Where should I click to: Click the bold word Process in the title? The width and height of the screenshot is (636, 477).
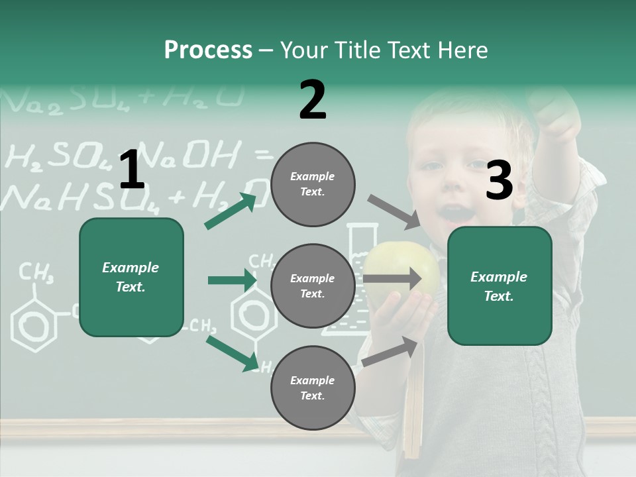208,50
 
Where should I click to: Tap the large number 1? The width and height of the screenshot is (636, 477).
131,170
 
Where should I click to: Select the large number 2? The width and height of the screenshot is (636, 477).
312,100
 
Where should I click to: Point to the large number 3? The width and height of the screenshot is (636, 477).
499,181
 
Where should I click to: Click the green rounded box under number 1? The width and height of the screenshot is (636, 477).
131,277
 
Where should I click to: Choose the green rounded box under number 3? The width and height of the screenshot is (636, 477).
499,286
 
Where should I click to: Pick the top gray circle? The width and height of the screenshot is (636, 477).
312,184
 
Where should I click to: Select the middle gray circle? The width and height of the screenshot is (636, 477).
312,286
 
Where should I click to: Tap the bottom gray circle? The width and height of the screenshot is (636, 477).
312,388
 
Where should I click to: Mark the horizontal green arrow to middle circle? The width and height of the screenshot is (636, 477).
233,280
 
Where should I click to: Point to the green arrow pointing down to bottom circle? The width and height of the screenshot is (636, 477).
233,353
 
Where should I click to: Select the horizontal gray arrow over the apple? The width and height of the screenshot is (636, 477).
392,278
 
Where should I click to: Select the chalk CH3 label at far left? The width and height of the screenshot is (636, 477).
36,272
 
